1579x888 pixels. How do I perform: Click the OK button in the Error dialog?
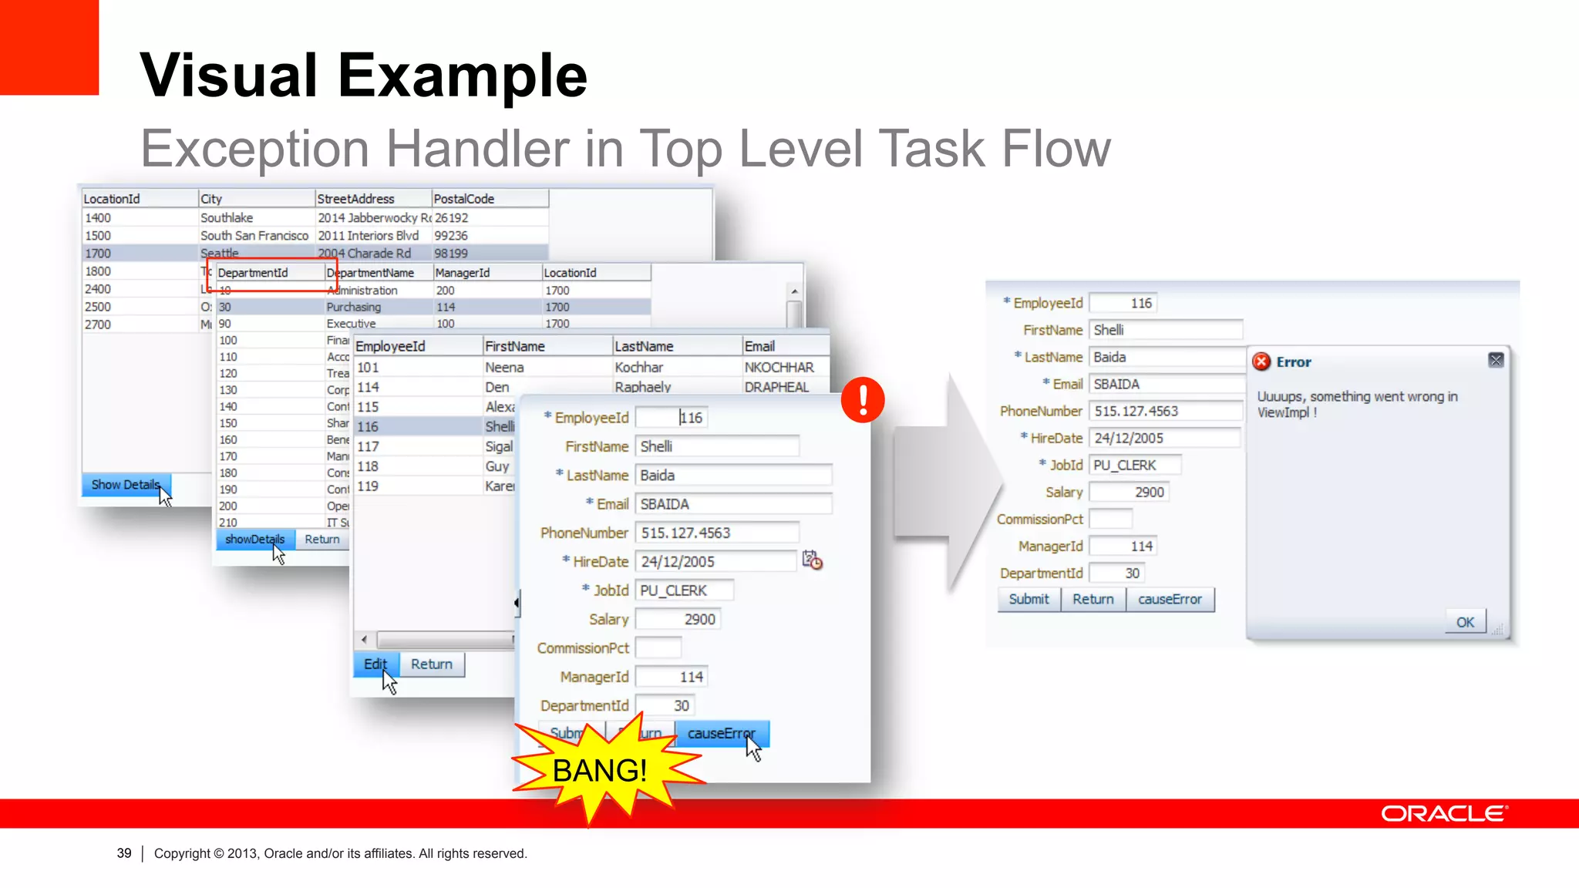[1464, 622]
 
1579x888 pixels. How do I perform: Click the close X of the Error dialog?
[1496, 360]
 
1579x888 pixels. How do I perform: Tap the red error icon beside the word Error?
[1261, 362]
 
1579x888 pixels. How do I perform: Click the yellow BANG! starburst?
[599, 769]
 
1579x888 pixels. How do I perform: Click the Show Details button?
[125, 485]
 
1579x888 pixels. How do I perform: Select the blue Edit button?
[375, 664]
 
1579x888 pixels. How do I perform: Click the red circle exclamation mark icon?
[862, 399]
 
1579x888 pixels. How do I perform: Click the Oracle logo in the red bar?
[1443, 814]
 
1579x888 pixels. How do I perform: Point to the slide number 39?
[124, 853]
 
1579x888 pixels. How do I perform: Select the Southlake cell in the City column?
[227, 218]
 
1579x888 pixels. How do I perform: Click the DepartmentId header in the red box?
[253, 273]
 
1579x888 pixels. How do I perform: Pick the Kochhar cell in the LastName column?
[638, 368]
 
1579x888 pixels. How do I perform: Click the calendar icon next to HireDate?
[812, 560]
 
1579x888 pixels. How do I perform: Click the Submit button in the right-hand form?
[1029, 599]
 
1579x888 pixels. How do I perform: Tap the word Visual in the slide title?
[228, 76]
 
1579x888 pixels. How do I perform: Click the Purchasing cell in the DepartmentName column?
[353, 307]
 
